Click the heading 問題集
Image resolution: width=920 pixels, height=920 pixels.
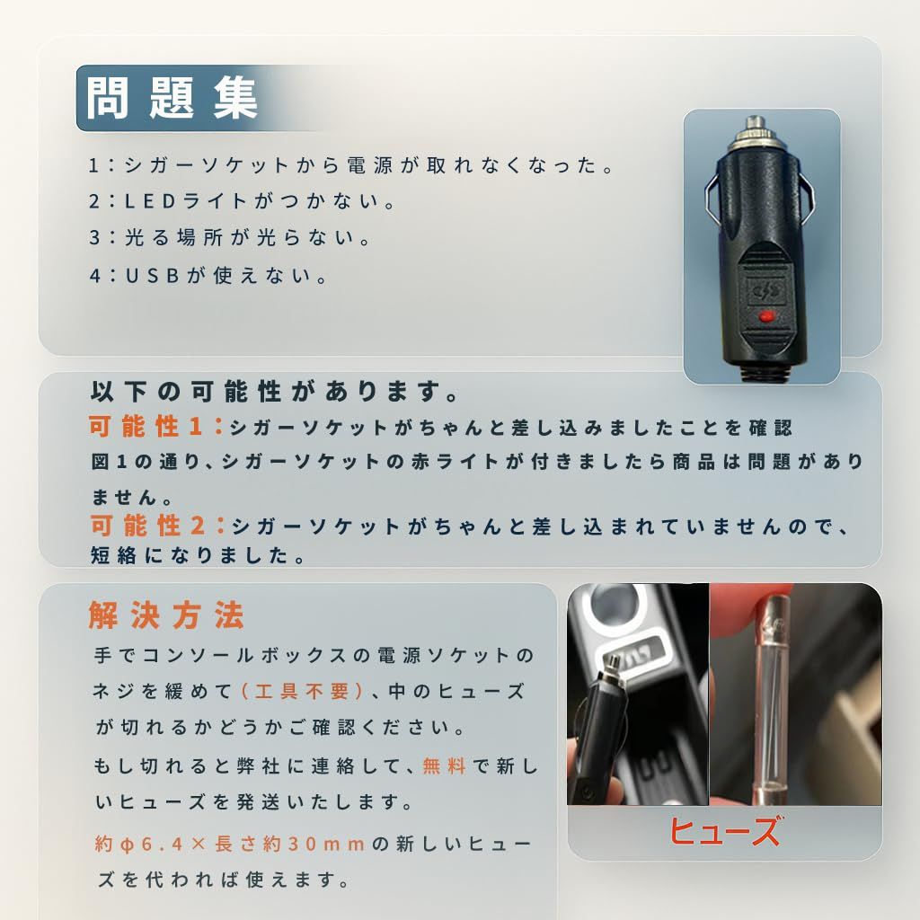coord(172,98)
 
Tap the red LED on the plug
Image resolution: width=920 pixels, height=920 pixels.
coord(765,316)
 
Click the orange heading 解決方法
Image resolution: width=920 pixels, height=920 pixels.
coord(166,616)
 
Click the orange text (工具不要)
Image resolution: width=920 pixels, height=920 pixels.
coord(303,691)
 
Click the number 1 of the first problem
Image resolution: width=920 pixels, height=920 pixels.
coord(94,166)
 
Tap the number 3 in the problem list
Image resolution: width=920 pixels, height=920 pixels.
coord(94,239)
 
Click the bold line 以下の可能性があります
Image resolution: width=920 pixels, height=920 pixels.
coord(275,393)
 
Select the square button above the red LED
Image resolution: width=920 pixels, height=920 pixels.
coord(765,291)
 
